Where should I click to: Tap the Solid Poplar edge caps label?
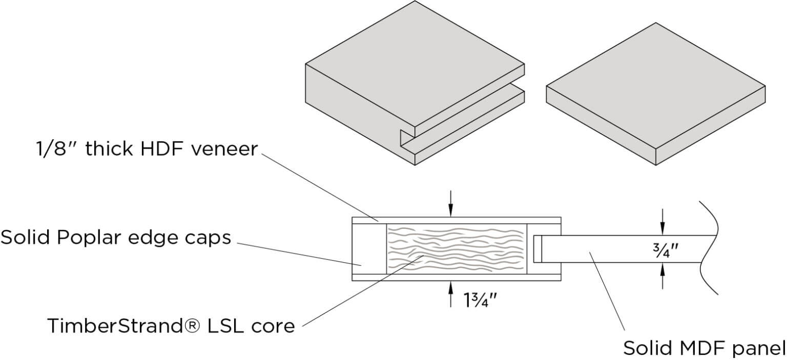[x=116, y=237]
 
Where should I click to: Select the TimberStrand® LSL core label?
[x=171, y=325]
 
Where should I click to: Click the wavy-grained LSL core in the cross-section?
[x=456, y=249]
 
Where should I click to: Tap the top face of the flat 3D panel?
[x=656, y=87]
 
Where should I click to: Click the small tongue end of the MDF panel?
[x=537, y=249]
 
